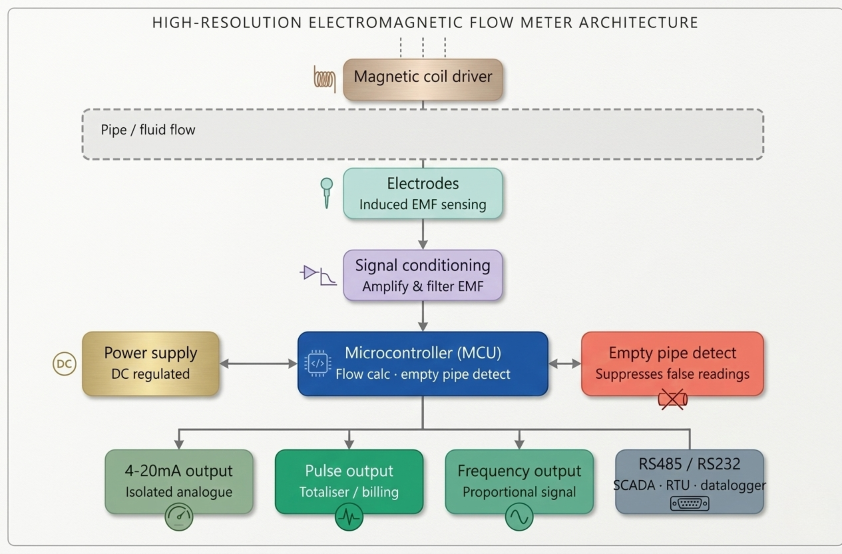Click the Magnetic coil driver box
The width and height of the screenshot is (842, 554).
[423, 80]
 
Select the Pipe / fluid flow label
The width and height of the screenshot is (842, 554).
[148, 130]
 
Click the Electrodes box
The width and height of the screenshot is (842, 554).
[423, 193]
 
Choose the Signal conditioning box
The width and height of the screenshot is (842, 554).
[423, 275]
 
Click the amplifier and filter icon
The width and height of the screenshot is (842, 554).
[318, 276]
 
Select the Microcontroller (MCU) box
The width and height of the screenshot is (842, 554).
[423, 363]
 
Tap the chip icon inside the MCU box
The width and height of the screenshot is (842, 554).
[318, 363]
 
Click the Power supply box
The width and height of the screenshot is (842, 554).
[151, 363]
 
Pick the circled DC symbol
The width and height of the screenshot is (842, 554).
[64, 364]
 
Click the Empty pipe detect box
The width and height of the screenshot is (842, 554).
[672, 363]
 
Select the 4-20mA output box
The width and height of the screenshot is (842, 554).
[179, 481]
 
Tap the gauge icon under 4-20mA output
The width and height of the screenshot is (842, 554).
[179, 517]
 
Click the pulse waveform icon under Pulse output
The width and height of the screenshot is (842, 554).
[349, 517]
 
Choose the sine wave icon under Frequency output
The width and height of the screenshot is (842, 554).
[519, 517]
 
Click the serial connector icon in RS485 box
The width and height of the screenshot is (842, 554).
[689, 503]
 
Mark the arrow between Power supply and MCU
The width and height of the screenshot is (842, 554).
[258, 364]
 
